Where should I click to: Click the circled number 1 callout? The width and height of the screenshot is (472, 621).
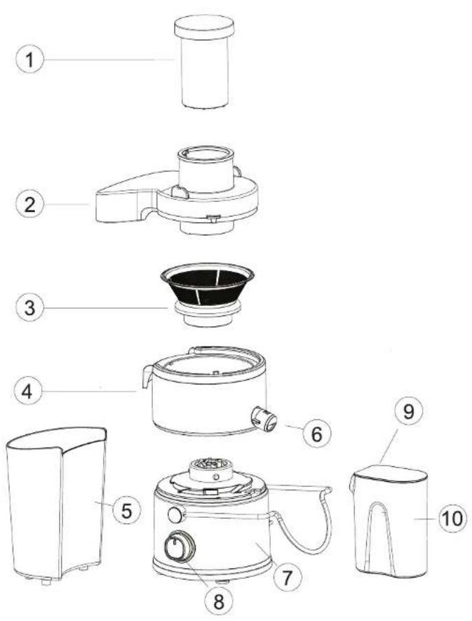coord(29,60)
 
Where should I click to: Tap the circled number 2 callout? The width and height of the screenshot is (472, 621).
coord(29,204)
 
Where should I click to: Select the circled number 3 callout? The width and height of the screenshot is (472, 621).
coord(29,307)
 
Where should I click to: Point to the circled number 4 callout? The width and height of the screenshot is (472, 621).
coord(28,392)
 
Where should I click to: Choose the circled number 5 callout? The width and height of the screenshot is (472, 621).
coord(126,511)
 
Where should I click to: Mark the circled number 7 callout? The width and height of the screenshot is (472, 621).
coord(287,577)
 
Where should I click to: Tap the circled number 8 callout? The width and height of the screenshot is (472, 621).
coord(219,602)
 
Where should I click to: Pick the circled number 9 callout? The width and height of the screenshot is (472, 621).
coord(409,411)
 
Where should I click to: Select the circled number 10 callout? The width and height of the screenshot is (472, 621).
coord(452,518)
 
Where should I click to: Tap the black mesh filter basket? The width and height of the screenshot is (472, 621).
coord(207,294)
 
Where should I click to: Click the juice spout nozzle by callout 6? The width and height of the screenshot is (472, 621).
coord(264,419)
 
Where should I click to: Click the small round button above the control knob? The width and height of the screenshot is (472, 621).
coord(175,515)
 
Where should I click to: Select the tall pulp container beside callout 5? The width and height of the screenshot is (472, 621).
coord(56,505)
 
